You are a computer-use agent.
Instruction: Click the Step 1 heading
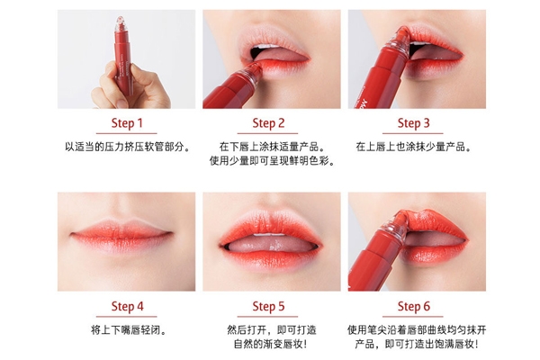coord(127,123)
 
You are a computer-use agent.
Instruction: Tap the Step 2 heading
coord(271,123)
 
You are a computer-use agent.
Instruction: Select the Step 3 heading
coord(414,123)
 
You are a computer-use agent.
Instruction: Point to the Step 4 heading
coord(127,306)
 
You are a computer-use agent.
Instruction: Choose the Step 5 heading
coord(271,306)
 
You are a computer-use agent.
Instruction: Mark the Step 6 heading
coord(414,306)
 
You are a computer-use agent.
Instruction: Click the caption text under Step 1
coord(127,146)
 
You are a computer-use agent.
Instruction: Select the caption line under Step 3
coord(414,146)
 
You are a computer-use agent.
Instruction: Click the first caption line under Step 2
coord(271,146)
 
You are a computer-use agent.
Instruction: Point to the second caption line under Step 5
coord(271,344)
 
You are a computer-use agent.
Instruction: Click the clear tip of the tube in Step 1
coord(118,21)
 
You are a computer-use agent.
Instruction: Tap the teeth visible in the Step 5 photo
coord(270,235)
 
